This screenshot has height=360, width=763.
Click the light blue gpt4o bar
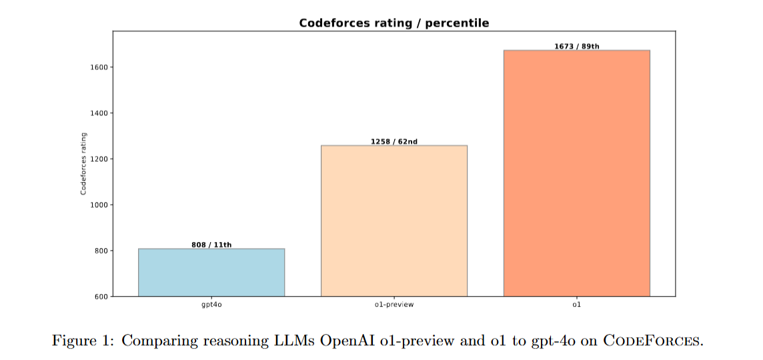pos(211,273)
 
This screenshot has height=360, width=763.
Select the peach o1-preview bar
pos(394,221)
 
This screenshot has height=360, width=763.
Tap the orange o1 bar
pos(577,173)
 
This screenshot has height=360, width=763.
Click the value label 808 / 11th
pos(211,245)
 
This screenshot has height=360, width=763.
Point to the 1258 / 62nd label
pos(394,141)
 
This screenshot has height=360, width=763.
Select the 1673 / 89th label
pos(577,47)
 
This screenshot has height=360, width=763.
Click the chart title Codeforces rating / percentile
pos(394,23)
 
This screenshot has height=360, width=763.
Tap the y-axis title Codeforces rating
pos(83,163)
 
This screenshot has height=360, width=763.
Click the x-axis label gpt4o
pos(211,305)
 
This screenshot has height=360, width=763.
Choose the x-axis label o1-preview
pos(394,305)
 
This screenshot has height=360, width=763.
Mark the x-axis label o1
pos(577,305)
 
